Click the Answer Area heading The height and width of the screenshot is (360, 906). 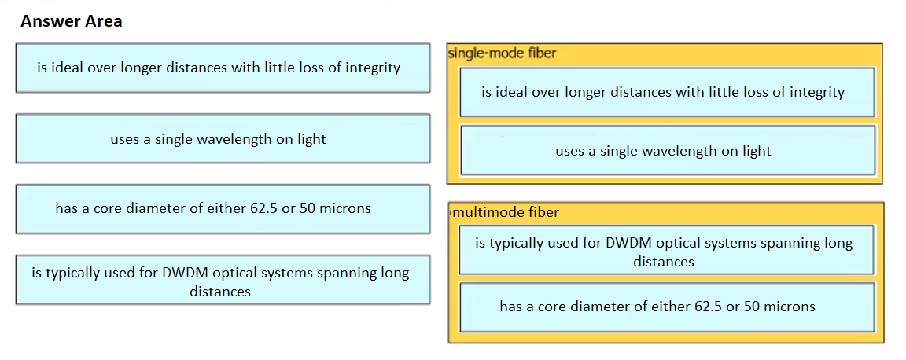71,21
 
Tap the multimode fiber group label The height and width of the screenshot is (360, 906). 507,213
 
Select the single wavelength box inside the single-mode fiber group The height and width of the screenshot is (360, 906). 668,150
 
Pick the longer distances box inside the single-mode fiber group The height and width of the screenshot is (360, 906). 668,92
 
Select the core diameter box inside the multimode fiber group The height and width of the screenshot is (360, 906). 668,307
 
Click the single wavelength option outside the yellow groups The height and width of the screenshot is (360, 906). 223,138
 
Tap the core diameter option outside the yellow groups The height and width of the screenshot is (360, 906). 223,208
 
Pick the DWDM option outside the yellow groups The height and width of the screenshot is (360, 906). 223,280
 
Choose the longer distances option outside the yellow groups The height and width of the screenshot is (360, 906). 223,68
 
